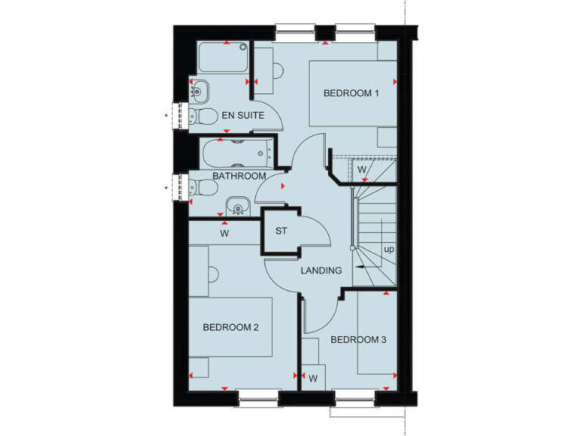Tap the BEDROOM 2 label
(x=231, y=327)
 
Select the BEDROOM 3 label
(x=358, y=340)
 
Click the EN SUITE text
(x=242, y=116)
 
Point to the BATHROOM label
(x=239, y=176)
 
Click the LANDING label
(x=321, y=270)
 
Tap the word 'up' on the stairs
(x=389, y=249)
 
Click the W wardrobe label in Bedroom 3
(x=312, y=376)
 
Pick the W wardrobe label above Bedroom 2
(x=224, y=234)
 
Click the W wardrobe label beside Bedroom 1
(x=362, y=169)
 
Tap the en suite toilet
(x=197, y=116)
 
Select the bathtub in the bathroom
(x=235, y=154)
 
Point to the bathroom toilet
(x=196, y=185)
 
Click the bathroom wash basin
(x=238, y=206)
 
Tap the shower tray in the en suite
(x=224, y=58)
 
